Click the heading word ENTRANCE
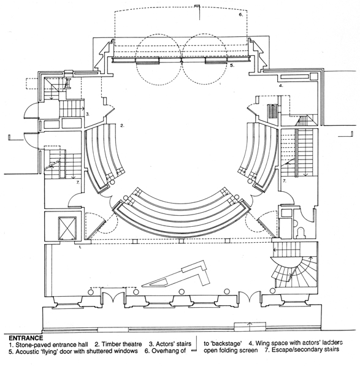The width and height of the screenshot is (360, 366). (26, 338)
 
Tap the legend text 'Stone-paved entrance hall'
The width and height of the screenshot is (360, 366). (52, 345)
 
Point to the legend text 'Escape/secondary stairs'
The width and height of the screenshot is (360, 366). (305, 349)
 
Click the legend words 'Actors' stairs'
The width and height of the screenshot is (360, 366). (174, 344)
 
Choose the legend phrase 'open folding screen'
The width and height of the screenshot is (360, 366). (231, 350)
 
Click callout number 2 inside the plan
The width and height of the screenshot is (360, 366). (122, 126)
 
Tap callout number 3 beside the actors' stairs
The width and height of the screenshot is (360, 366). (87, 114)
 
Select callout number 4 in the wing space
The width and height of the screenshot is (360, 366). (281, 86)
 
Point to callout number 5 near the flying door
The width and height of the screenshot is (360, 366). (232, 66)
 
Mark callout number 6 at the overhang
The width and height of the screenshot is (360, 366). (240, 15)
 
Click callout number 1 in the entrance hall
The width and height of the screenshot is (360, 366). (80, 247)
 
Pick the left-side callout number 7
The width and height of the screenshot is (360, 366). (79, 183)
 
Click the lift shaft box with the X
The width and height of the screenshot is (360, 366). (67, 228)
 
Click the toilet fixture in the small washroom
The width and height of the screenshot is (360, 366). (301, 233)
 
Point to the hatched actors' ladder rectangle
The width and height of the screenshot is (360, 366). (272, 112)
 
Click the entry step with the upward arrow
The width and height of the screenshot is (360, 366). (250, 327)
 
